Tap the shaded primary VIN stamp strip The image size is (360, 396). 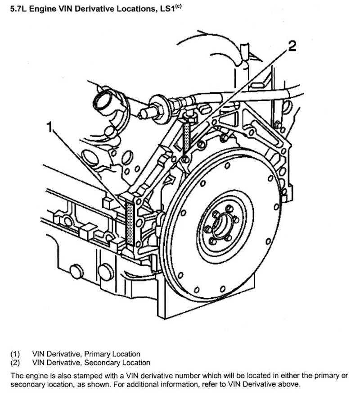click(130, 223)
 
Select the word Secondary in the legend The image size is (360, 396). click(102, 362)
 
